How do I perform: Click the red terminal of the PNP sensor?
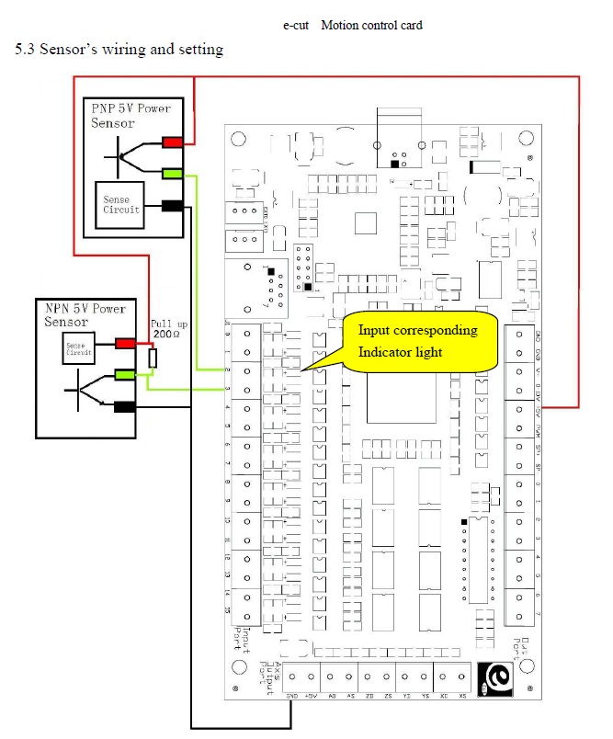[x=172, y=142]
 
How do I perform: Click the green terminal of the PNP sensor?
[x=172, y=173]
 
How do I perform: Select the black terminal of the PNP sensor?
[x=172, y=206]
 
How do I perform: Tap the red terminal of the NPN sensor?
[x=125, y=344]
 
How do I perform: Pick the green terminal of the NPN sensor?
[x=125, y=373]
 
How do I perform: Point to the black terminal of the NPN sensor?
[x=125, y=406]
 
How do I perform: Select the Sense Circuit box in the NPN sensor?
[x=76, y=347]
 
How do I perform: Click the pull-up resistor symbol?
[x=153, y=357]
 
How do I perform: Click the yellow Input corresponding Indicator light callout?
[x=418, y=342]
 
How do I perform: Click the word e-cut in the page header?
[x=297, y=25]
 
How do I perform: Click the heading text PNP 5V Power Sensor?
[x=131, y=115]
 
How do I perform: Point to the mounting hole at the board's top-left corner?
[x=238, y=139]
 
